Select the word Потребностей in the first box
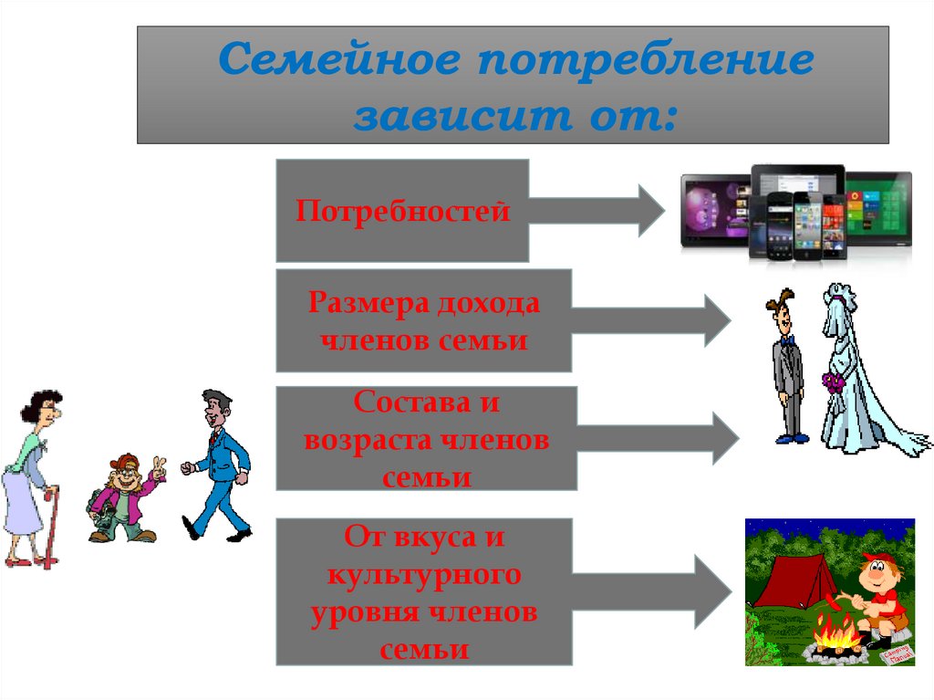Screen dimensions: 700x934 [402, 213]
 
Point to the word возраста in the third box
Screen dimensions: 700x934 [372, 440]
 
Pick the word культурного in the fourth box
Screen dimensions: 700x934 [425, 575]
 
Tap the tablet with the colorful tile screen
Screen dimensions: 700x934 [877, 209]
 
